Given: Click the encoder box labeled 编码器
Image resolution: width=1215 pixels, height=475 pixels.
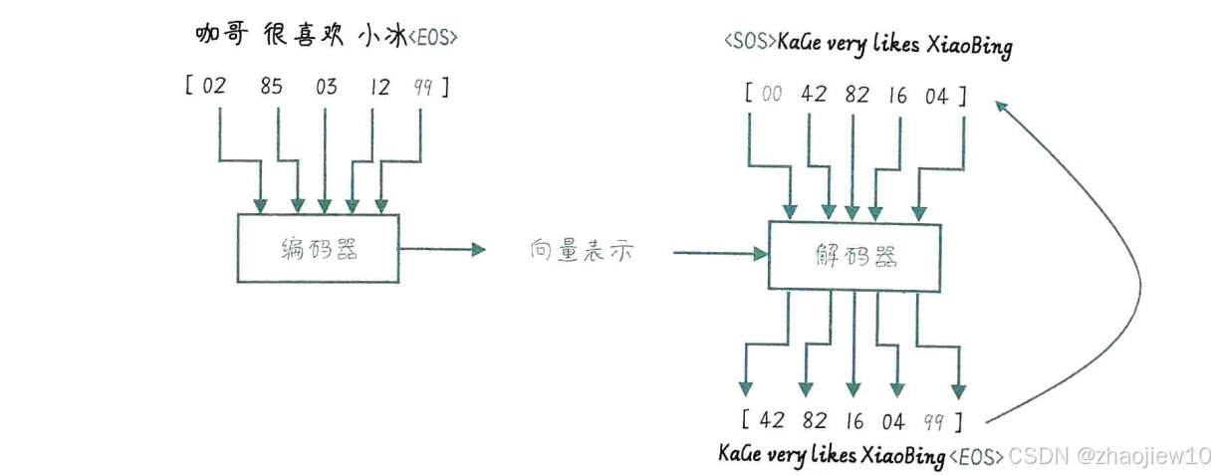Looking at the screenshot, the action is [317, 248].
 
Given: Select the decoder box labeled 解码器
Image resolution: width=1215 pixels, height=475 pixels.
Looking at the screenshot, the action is [854, 256].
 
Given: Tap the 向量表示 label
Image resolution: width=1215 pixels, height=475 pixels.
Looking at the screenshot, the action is [582, 252].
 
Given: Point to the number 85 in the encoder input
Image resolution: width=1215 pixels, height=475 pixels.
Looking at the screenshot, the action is [271, 87].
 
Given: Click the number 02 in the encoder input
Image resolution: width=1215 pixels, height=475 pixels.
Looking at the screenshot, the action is [214, 87].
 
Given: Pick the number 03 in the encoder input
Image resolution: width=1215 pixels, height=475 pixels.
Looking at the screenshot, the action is [326, 87].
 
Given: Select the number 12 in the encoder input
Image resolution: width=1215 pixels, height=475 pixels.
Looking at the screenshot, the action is [378, 87].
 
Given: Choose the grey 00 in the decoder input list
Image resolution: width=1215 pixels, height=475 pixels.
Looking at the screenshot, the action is [772, 95].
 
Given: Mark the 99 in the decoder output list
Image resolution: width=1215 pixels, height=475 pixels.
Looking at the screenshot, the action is [933, 421].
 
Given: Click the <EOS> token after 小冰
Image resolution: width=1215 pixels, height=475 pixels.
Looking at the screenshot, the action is [434, 39].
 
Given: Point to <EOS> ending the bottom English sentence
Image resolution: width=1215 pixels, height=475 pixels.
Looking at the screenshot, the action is [976, 457].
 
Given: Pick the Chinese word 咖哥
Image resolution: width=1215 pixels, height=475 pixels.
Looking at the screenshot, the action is [219, 35].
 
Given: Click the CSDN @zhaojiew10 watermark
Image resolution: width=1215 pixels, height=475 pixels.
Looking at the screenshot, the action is [1107, 456].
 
